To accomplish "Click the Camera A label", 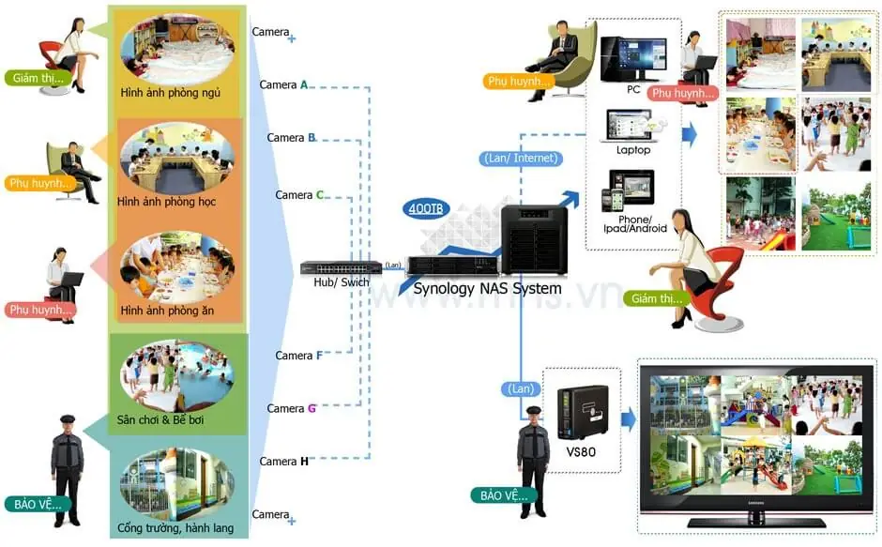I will click(283, 85).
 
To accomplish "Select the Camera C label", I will click(299, 195).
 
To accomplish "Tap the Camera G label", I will click(291, 408).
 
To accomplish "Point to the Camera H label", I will click(283, 461).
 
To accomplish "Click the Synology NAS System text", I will click(487, 288).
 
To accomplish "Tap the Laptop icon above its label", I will click(632, 126).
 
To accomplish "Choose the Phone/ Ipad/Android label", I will click(635, 223).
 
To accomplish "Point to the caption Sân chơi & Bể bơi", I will click(160, 419).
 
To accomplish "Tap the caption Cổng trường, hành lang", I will click(176, 528).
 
